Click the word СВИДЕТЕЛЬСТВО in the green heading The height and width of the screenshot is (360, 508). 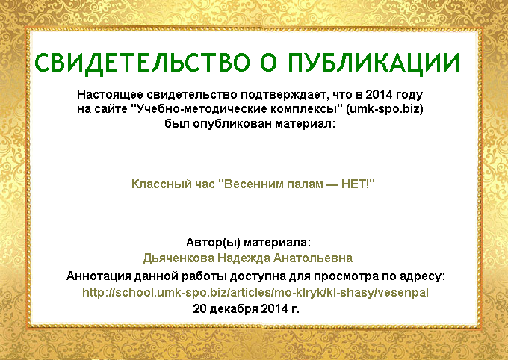coord(142,63)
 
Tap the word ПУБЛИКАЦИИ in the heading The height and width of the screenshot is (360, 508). coord(374,63)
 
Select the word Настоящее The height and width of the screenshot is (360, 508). coord(110,96)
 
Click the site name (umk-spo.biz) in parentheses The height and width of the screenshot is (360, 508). coord(385,109)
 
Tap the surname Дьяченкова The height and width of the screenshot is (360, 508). coord(179,258)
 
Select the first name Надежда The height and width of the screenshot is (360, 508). coord(244,258)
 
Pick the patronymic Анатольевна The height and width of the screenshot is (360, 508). coord(313,258)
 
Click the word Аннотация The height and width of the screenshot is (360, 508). coord(99,276)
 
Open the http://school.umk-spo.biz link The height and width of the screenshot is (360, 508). coord(255,293)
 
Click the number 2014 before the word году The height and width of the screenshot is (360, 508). coord(379,95)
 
